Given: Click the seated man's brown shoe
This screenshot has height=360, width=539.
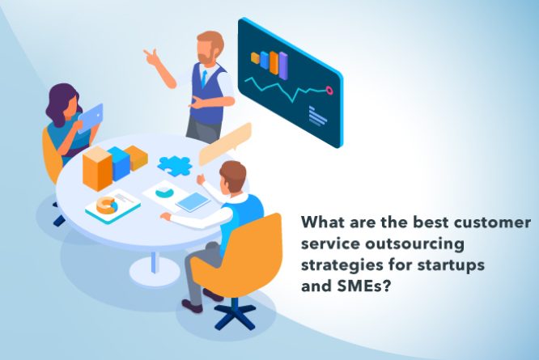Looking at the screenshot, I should point(193,306).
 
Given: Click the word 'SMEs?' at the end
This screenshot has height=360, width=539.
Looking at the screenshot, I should point(361,284).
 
